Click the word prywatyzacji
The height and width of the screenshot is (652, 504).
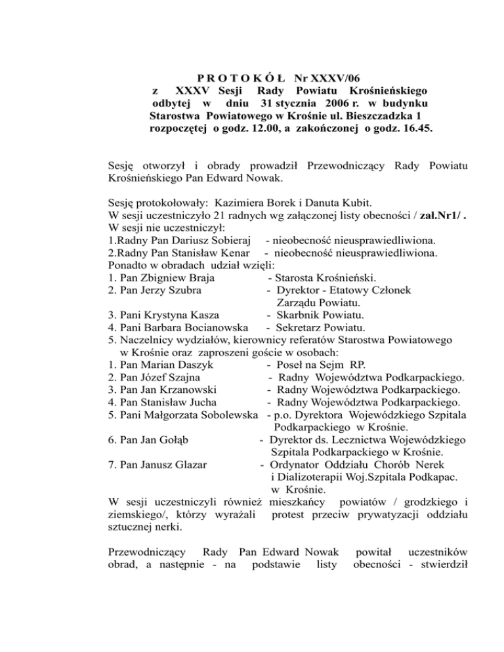[392, 514]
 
